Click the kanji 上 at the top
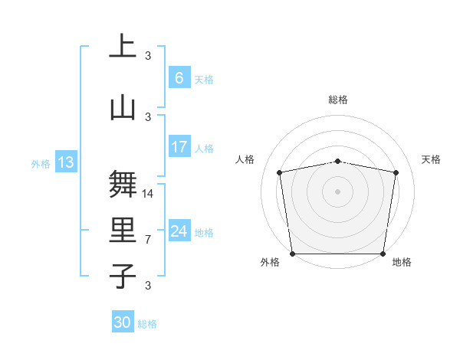(x=123, y=47)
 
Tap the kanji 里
(x=123, y=231)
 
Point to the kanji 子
(x=123, y=277)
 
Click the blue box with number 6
(x=179, y=78)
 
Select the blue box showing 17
(x=179, y=147)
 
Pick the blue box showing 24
(x=179, y=231)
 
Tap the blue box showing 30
(x=123, y=322)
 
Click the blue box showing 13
(x=65, y=162)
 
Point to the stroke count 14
(x=149, y=194)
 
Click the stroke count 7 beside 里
(x=148, y=240)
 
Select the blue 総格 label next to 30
(x=147, y=324)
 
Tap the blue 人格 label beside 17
(x=204, y=149)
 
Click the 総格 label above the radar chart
(x=338, y=100)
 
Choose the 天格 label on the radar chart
(x=432, y=159)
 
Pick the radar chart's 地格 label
(x=402, y=262)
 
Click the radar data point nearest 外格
(x=292, y=254)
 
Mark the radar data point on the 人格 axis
(x=280, y=172)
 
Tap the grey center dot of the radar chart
(x=338, y=191)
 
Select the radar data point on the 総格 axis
(x=338, y=161)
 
